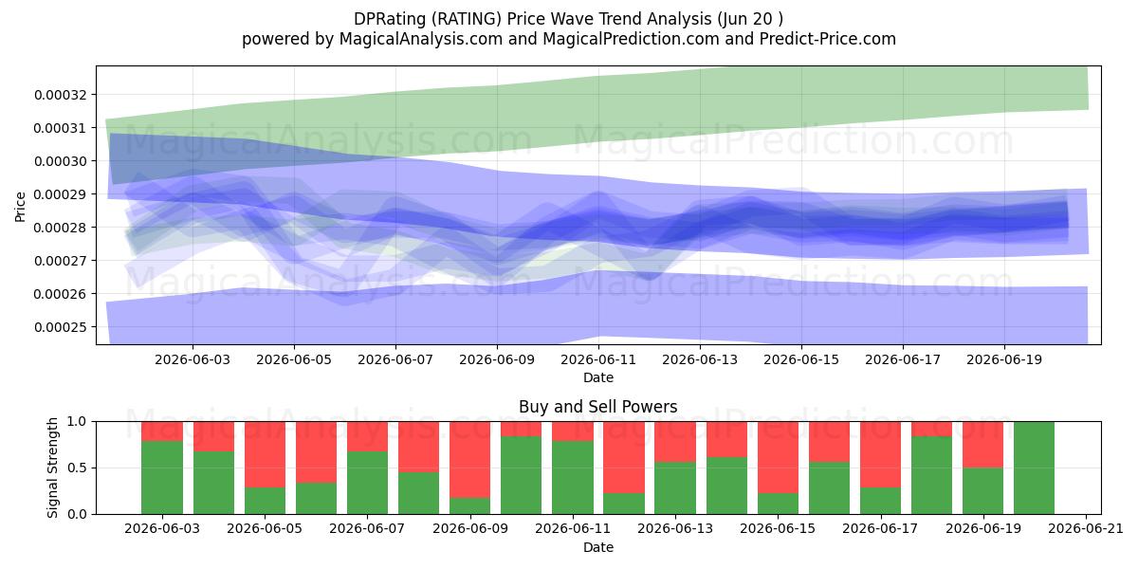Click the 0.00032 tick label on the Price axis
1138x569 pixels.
61,95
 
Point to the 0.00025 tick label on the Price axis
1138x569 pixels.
61,327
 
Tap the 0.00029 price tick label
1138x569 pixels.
61,194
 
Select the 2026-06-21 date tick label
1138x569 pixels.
1086,529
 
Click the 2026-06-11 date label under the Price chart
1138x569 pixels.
598,360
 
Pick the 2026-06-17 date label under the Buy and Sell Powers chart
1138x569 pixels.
880,529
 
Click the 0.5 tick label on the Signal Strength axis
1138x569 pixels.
77,468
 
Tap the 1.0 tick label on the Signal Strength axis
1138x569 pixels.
77,422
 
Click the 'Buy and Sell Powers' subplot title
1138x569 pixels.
598,407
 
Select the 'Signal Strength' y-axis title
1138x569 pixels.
53,468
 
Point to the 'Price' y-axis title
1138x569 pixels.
20,208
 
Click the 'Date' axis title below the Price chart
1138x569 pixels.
598,378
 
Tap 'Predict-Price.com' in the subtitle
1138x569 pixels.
828,39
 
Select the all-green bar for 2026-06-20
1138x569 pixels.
1034,468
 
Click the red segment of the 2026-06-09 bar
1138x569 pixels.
470,460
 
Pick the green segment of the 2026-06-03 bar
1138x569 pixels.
162,478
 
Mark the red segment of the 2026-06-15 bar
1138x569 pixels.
778,457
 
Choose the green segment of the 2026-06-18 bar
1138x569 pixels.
931,475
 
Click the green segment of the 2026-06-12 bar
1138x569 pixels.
624,504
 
